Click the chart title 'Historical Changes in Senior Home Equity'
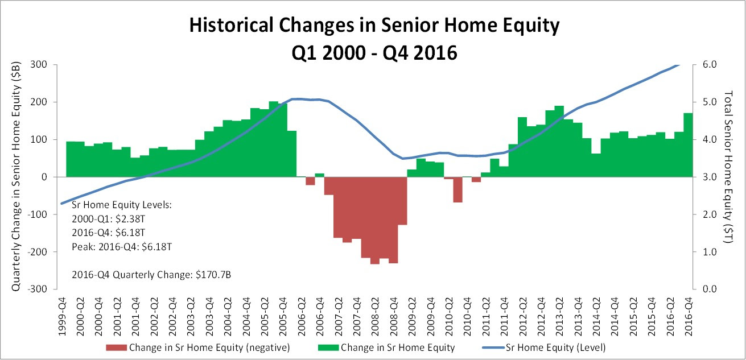coord(374,25)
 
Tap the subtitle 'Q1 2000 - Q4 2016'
coord(374,52)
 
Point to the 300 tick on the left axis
coord(39,64)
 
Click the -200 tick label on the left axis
coord(37,252)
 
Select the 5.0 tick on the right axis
coord(710,102)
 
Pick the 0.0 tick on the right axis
coord(710,289)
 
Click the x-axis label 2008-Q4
coord(394,317)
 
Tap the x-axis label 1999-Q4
coord(62,317)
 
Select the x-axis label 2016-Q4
coord(689,317)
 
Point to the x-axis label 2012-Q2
coord(523,317)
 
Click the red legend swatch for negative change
coord(116,347)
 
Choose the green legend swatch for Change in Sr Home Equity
coord(328,347)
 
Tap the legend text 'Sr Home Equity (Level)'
coord(555,347)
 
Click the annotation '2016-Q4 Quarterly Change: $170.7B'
coord(151,275)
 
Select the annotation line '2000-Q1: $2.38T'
coord(109,219)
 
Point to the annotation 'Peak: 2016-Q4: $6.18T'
coord(122,247)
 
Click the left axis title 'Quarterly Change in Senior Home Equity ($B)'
coord(16,176)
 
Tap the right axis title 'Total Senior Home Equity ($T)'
coord(729,167)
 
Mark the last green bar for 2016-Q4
coord(688,145)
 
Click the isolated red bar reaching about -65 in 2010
coord(458,189)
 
